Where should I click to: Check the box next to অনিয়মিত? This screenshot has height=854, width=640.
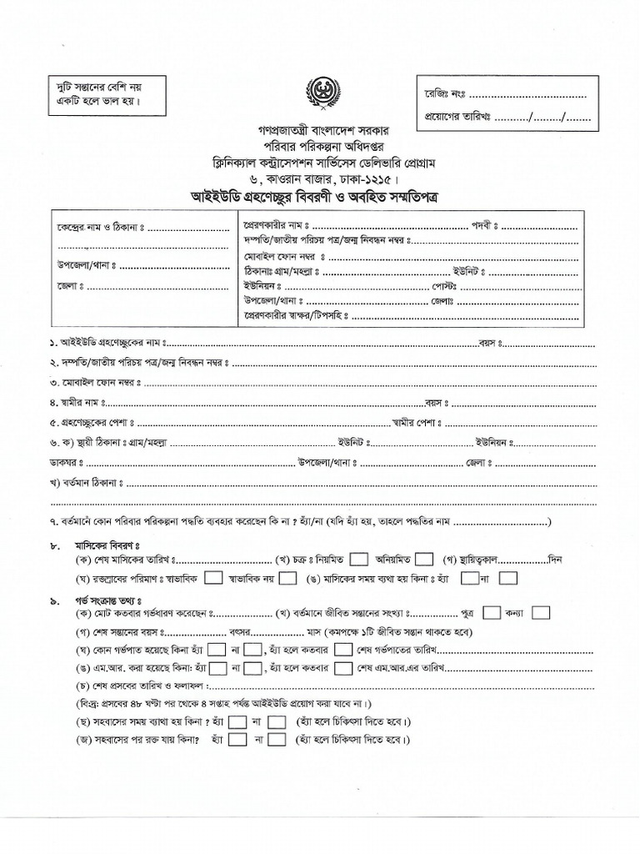(x=424, y=559)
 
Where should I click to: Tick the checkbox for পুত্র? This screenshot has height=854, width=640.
(x=492, y=613)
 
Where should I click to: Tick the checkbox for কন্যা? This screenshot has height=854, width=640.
(x=540, y=613)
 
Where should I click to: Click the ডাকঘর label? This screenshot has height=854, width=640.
(x=67, y=462)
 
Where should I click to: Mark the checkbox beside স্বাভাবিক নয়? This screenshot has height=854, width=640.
(x=287, y=577)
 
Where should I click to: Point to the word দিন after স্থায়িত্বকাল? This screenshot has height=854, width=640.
(x=557, y=559)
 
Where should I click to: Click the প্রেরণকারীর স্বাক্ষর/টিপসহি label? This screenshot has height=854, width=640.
(x=282, y=316)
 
